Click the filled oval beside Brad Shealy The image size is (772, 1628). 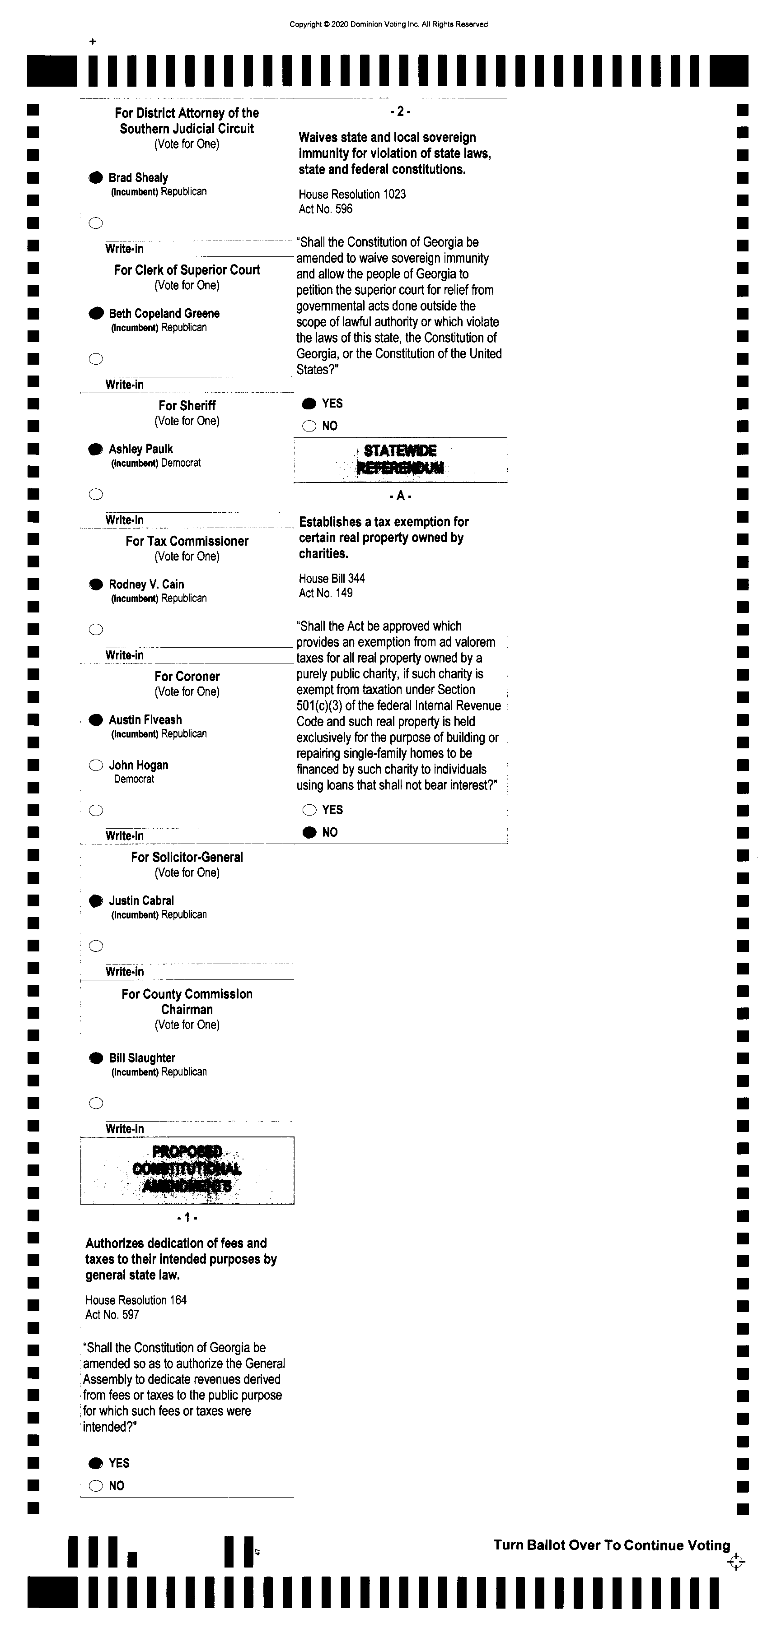pyautogui.click(x=95, y=177)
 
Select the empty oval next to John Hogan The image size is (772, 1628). pyautogui.click(x=95, y=765)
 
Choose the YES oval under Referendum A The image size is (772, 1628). pyautogui.click(x=309, y=810)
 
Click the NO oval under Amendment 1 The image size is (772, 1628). pyautogui.click(x=95, y=1486)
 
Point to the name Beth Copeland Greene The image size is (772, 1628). pyautogui.click(x=164, y=314)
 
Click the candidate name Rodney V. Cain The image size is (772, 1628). pyautogui.click(x=146, y=584)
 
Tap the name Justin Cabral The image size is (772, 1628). pyautogui.click(x=141, y=900)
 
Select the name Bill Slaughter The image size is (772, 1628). pyautogui.click(x=142, y=1058)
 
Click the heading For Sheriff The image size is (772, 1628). pyautogui.click(x=187, y=406)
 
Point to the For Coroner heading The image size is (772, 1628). pyautogui.click(x=187, y=676)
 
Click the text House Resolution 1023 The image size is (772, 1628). pyautogui.click(x=352, y=194)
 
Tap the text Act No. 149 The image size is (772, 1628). pyautogui.click(x=326, y=593)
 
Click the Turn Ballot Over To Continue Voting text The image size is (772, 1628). pyautogui.click(x=611, y=1545)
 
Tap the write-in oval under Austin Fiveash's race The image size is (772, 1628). pyautogui.click(x=95, y=810)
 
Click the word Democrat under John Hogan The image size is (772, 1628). pyautogui.click(x=133, y=779)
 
